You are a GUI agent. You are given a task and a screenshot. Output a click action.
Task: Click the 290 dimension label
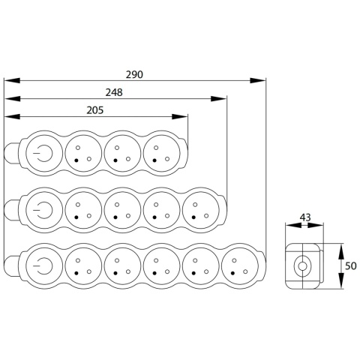(134, 74)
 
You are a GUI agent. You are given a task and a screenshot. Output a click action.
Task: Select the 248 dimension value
(114, 92)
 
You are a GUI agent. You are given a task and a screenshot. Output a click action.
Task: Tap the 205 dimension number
(95, 110)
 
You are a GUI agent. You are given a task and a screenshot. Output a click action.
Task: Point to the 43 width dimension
(305, 217)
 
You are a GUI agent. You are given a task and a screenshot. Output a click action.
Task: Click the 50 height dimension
(350, 266)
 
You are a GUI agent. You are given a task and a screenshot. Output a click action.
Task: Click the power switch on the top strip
(44, 153)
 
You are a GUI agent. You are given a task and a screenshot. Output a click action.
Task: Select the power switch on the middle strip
(44, 210)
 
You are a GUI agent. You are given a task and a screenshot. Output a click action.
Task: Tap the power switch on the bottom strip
(44, 266)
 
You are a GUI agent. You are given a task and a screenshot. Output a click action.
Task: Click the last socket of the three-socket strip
(162, 153)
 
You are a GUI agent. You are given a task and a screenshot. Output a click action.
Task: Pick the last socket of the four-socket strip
(201, 210)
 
